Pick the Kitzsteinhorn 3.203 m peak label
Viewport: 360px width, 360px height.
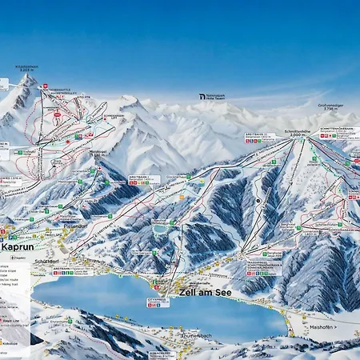click(24, 70)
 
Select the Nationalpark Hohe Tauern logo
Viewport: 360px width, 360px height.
click(212, 97)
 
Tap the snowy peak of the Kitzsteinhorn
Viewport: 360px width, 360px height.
click(26, 84)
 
